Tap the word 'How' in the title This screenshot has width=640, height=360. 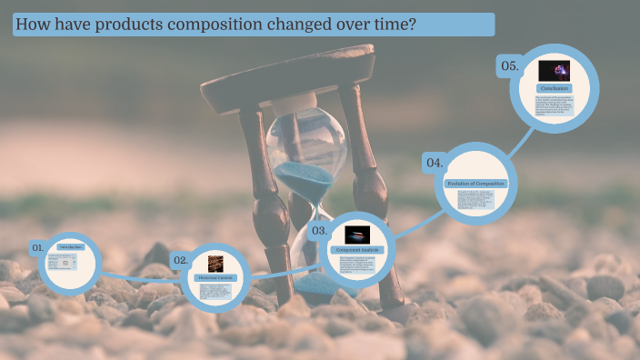click(x=35, y=25)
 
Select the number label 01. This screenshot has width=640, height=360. click(x=38, y=247)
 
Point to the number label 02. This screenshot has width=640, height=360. click(x=181, y=260)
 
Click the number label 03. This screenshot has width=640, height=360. click(x=319, y=231)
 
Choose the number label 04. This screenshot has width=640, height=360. click(x=434, y=163)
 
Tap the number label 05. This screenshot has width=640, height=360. click(x=509, y=65)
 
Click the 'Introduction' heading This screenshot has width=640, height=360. click(x=70, y=246)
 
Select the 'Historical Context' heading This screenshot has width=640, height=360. click(x=215, y=277)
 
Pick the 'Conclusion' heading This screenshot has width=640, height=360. click(x=554, y=88)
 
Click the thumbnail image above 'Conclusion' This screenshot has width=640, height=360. click(x=554, y=70)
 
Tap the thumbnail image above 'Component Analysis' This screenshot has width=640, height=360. click(x=356, y=234)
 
